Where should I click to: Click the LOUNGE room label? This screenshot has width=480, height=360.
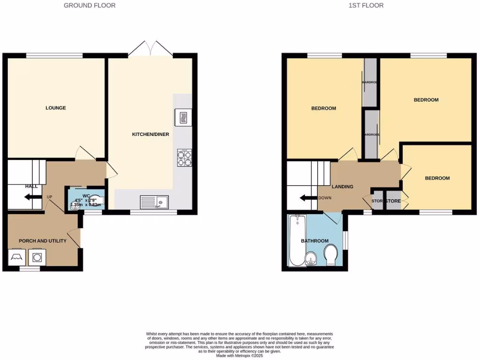coord(55,108)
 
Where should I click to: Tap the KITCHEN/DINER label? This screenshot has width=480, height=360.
coord(150,135)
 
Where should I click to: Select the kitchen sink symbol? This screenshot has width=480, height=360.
coord(154,202)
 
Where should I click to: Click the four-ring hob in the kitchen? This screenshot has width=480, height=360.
coord(184,157)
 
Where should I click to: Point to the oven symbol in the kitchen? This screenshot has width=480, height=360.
coord(181,117)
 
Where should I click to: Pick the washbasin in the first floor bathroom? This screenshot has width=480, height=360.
coord(311,258)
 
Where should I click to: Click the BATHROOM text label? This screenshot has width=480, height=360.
coord(315,241)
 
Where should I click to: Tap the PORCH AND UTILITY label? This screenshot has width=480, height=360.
coord(42,241)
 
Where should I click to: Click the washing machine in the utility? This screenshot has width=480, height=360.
coord(37,257)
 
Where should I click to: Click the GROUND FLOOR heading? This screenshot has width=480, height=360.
coord(89,6)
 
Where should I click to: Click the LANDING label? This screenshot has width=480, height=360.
coord(342,187)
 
